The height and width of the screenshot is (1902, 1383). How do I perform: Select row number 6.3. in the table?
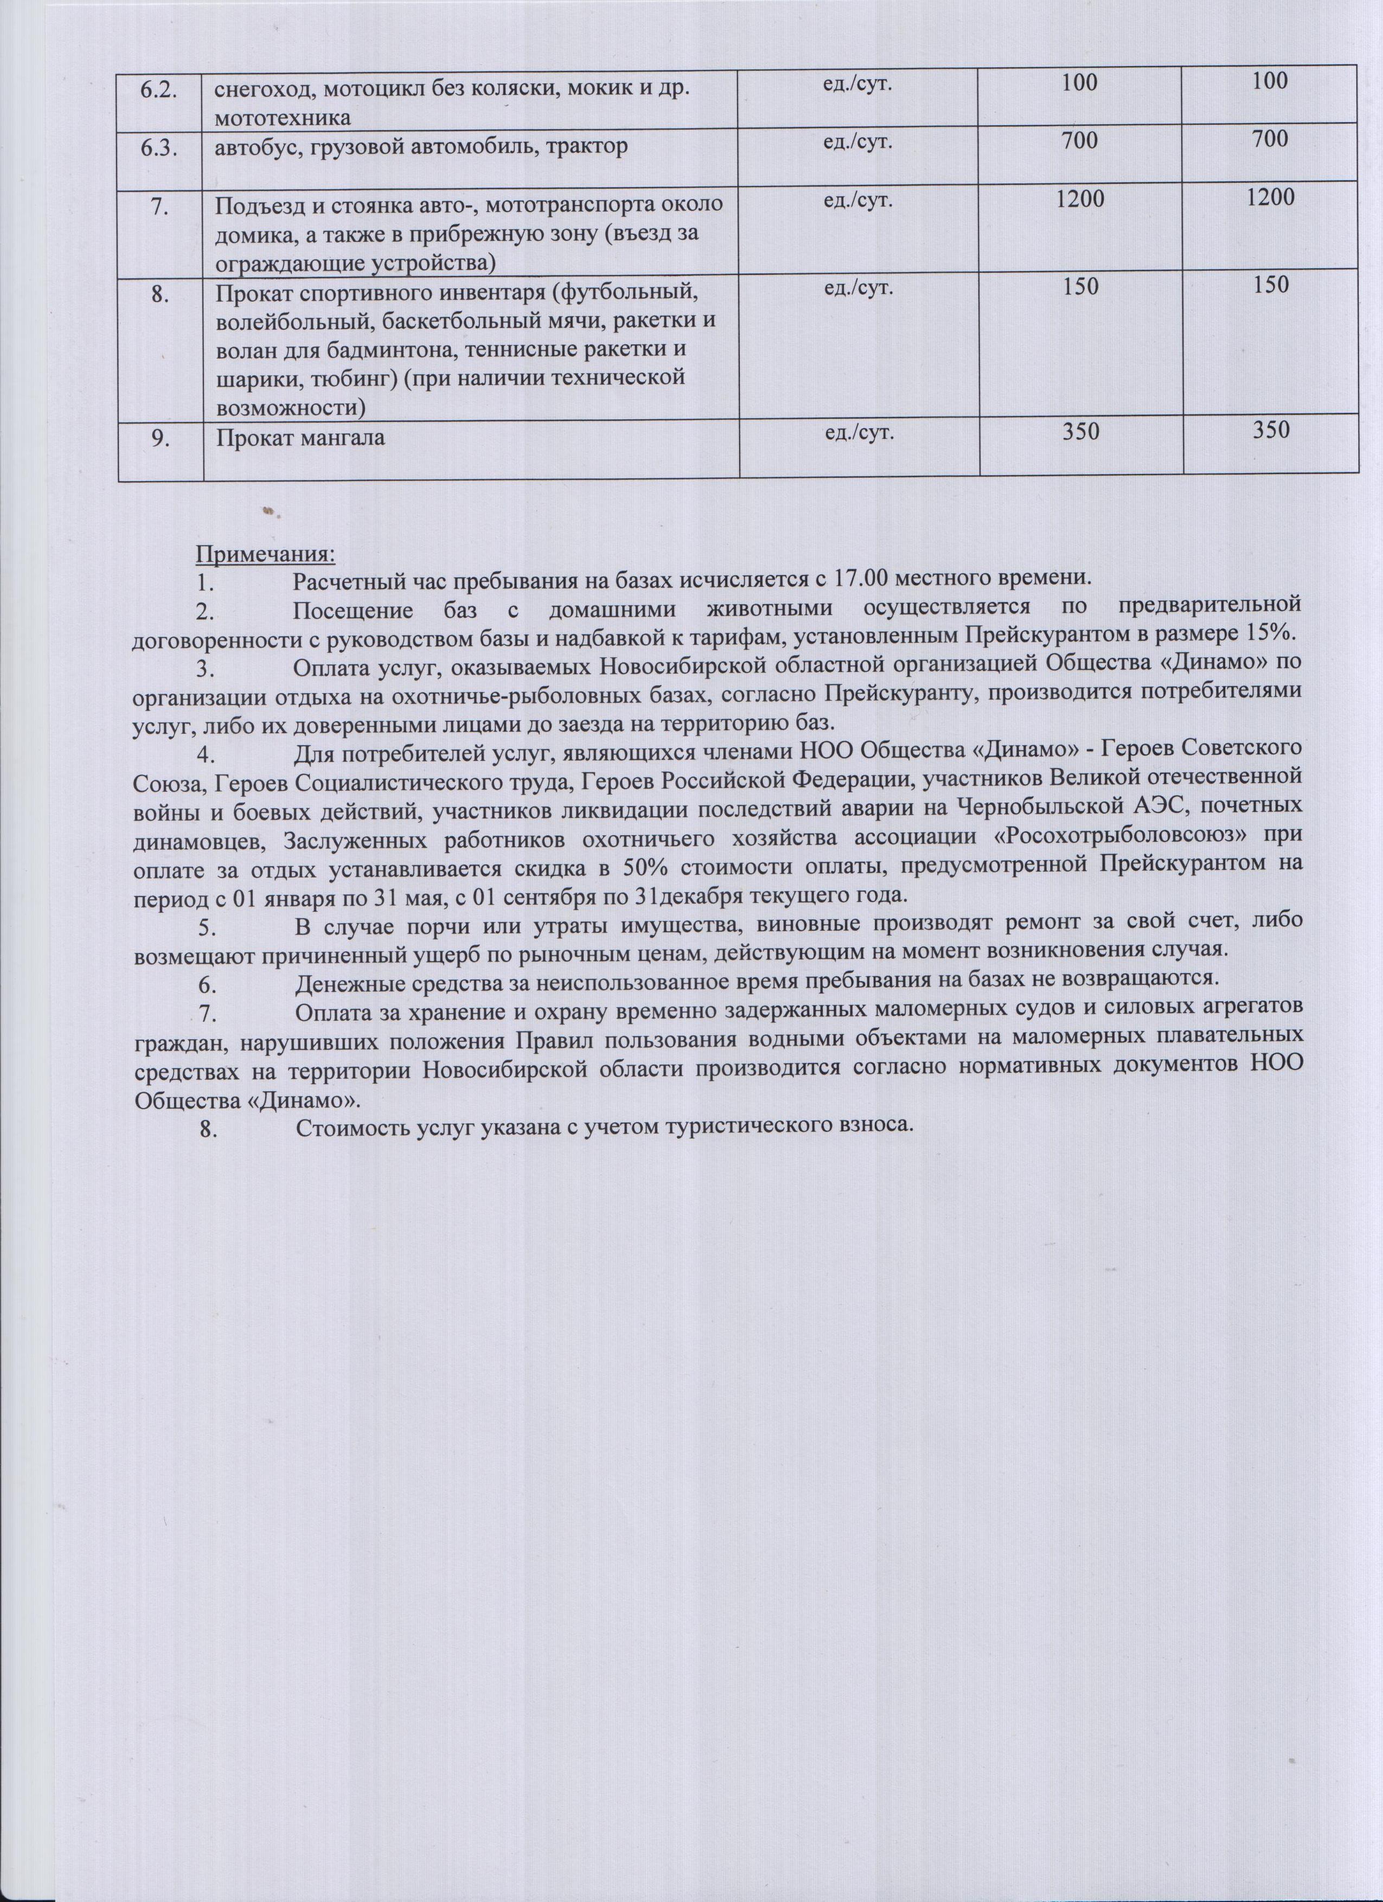pyautogui.click(x=159, y=143)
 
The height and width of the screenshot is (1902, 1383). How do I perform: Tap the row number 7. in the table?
pyautogui.click(x=159, y=204)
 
